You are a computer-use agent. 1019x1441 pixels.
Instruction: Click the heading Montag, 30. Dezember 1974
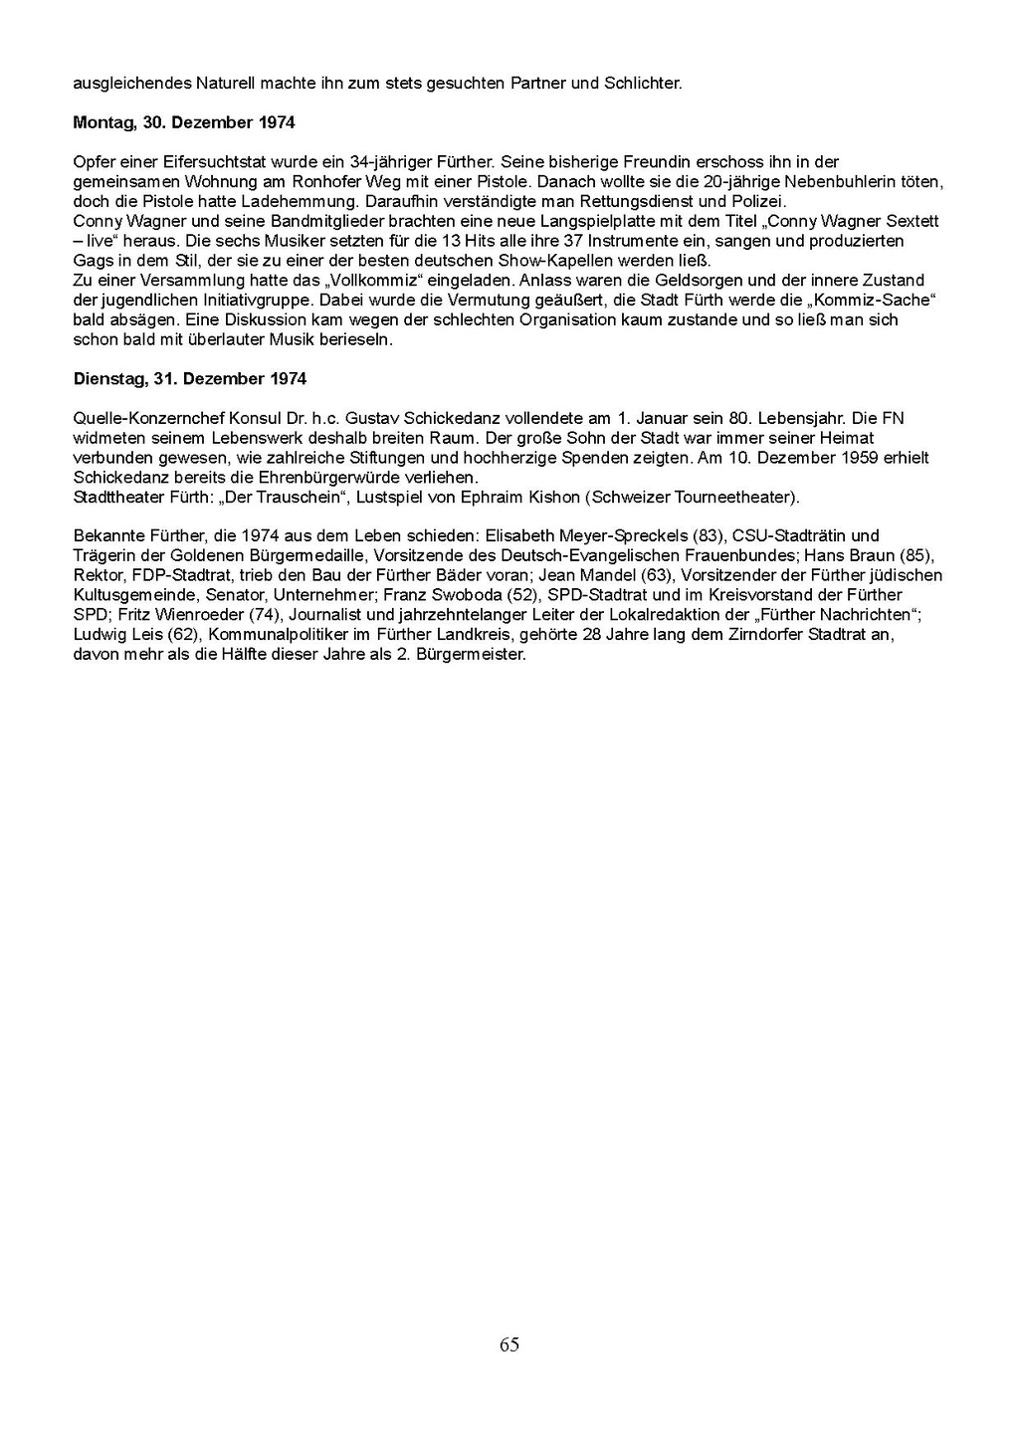coord(184,123)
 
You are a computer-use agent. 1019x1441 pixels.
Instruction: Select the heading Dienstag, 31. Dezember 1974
coord(190,379)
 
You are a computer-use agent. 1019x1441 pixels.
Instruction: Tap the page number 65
coord(509,1345)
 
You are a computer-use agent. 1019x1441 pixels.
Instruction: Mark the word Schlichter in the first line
coord(643,84)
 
